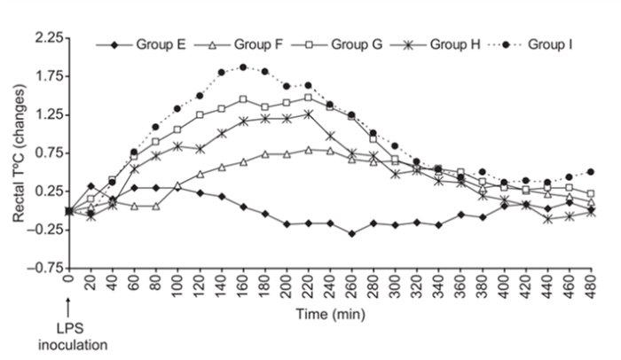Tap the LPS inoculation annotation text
click(x=67, y=338)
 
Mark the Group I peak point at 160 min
click(x=242, y=67)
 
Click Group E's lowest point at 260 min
click(x=351, y=233)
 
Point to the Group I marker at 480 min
click(x=591, y=171)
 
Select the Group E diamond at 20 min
click(x=90, y=185)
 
